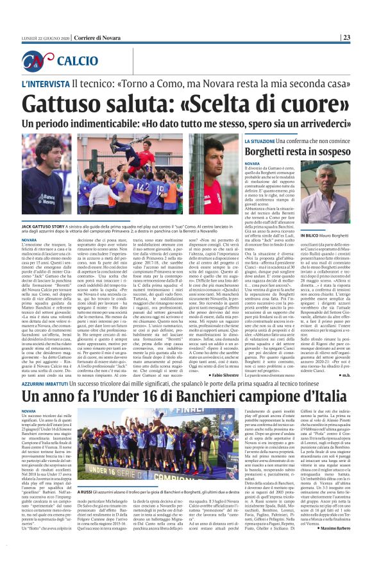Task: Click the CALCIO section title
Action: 77,62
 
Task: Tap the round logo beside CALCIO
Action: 38,61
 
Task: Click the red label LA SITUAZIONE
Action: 260,139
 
